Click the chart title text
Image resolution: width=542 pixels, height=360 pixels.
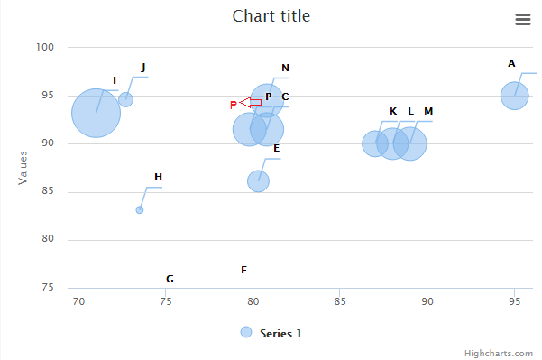pyautogui.click(x=271, y=15)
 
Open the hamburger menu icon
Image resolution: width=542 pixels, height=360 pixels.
pyautogui.click(x=522, y=19)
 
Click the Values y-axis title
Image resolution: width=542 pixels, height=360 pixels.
pyautogui.click(x=23, y=167)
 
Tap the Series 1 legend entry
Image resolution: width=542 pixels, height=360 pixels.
pyautogui.click(x=271, y=333)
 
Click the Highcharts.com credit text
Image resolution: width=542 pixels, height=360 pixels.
pyautogui.click(x=499, y=353)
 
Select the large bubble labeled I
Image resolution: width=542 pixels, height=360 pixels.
pyautogui.click(x=96, y=113)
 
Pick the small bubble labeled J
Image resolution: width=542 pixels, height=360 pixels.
pyautogui.click(x=125, y=99)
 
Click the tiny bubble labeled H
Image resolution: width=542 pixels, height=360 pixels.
pyautogui.click(x=140, y=210)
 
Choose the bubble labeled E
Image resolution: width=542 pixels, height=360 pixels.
pyautogui.click(x=258, y=180)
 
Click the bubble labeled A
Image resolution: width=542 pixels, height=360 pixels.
pyautogui.click(x=514, y=95)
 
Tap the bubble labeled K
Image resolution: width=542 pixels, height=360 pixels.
pyautogui.click(x=374, y=143)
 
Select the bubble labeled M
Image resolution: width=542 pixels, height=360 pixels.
pyautogui.click(x=411, y=143)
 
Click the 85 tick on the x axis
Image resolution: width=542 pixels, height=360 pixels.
pyautogui.click(x=338, y=300)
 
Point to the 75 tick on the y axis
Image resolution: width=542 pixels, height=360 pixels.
pyautogui.click(x=48, y=288)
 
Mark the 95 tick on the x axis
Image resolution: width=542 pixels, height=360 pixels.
pyautogui.click(x=514, y=300)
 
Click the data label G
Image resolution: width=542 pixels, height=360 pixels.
pyautogui.click(x=170, y=279)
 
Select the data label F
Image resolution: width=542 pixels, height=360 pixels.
pyautogui.click(x=243, y=270)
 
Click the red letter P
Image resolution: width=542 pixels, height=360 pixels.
pyautogui.click(x=233, y=105)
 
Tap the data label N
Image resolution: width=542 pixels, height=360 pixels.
pyautogui.click(x=285, y=68)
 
